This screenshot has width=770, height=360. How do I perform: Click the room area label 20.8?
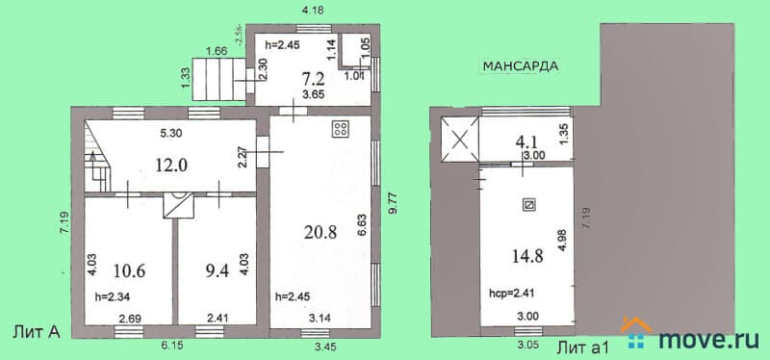321,232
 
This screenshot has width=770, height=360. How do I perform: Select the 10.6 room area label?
129,270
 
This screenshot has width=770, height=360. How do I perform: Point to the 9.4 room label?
217,270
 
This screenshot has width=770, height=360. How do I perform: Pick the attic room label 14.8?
526,256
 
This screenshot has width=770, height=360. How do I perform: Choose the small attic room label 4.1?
526,142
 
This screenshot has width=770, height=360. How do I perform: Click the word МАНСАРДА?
521,66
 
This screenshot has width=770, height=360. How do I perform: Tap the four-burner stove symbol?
341,130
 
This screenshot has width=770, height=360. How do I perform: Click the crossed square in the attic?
460,140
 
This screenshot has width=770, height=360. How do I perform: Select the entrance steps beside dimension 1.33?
218,79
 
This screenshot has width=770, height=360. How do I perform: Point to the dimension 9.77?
393,203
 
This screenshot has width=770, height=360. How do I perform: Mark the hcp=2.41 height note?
512,295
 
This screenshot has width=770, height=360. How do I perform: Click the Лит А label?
36,332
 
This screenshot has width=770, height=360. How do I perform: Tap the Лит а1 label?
583,348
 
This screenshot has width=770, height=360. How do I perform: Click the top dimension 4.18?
312,10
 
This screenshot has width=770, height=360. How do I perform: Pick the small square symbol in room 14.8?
529,205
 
